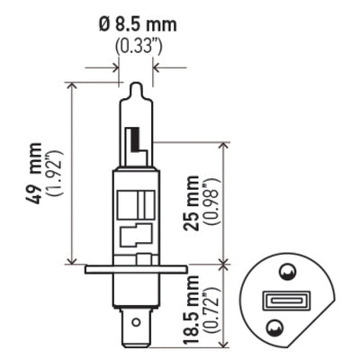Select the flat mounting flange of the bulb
coord(135,268)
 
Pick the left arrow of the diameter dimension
coord(113,66)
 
